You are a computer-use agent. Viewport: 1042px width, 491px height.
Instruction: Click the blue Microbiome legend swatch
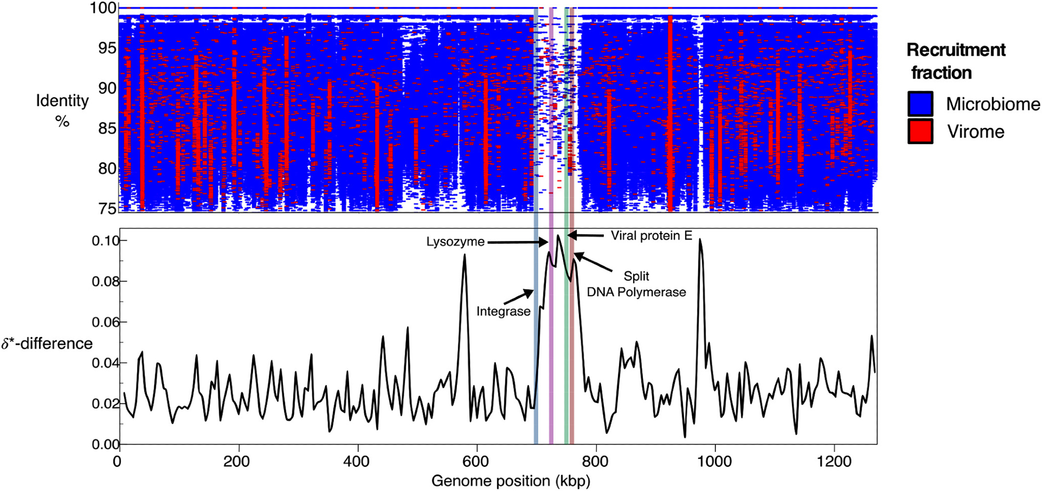[920, 104]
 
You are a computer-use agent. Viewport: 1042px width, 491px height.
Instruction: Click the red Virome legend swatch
[920, 131]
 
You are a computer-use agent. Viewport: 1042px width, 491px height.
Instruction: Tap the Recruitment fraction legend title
[956, 61]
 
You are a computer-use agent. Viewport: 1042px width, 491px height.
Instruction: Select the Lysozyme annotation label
[455, 242]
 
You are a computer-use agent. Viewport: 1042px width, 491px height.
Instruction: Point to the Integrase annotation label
[503, 311]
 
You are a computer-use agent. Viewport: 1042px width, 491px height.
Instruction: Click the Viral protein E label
[651, 236]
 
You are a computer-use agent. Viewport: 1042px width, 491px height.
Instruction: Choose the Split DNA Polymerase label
[636, 284]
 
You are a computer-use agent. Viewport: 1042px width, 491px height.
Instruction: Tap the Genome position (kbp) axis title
[511, 481]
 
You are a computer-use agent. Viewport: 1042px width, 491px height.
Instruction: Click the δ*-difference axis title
[47, 344]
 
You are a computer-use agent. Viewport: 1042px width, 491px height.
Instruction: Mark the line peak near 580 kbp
[464, 255]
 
